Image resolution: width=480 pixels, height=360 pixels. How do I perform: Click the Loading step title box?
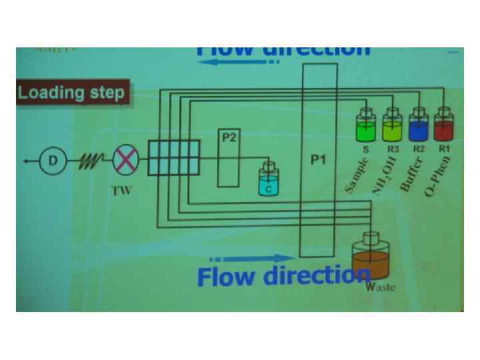(71, 92)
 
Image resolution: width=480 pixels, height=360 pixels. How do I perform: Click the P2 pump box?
(229, 159)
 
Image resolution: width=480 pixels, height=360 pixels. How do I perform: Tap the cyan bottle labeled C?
(269, 181)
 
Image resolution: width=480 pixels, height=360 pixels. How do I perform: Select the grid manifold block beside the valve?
(173, 157)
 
